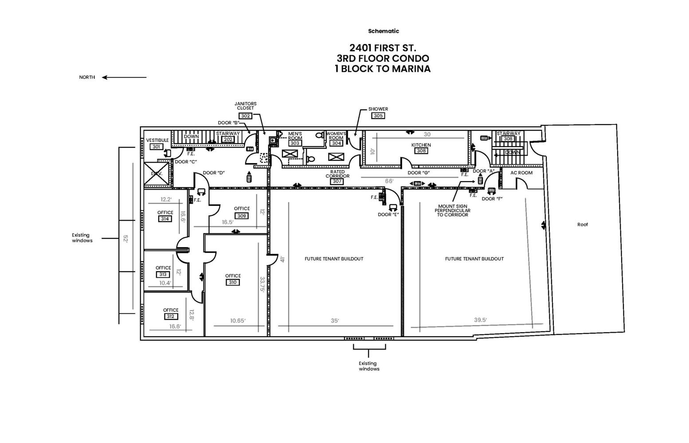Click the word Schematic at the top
383,31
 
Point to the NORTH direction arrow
124,77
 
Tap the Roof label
582,225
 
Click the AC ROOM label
521,173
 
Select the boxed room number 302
245,116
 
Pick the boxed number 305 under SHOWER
378,116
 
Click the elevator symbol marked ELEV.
157,174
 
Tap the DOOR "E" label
388,214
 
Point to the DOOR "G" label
418,173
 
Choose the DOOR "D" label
213,173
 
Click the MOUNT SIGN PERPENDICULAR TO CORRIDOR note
452,210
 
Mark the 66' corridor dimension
389,181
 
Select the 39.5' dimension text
480,320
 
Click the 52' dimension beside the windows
125,238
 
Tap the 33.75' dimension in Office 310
262,284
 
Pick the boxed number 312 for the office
170,316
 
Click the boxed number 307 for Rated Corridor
337,181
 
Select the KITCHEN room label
421,145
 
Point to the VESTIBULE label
157,140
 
